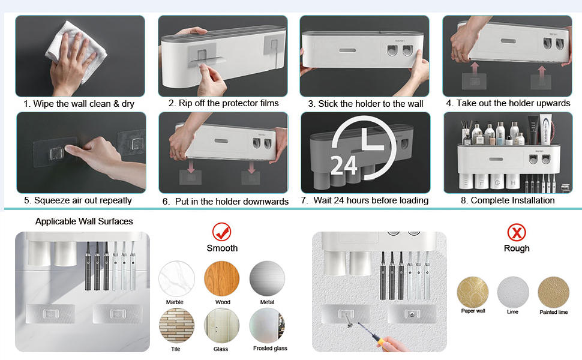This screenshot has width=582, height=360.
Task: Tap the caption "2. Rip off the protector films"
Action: (x=223, y=103)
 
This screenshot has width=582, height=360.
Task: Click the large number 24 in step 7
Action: (x=344, y=165)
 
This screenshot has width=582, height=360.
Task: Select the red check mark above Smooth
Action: (x=222, y=232)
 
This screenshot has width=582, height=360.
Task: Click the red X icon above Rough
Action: (x=517, y=233)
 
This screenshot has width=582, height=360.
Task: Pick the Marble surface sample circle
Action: (x=176, y=279)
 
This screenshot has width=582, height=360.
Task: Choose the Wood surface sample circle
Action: (x=222, y=279)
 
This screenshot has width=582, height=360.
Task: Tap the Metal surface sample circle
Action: (x=267, y=279)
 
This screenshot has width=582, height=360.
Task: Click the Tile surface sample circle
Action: (x=176, y=326)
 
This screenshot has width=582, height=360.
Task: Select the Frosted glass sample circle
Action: (x=267, y=326)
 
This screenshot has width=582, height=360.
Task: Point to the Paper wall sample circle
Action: (x=473, y=292)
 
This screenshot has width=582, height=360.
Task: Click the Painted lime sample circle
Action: (x=553, y=292)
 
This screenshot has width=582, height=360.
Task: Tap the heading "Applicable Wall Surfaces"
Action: (x=84, y=221)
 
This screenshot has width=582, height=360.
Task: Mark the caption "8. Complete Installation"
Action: (x=508, y=200)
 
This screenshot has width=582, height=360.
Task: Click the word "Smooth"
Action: (x=222, y=248)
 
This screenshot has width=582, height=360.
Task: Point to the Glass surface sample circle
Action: (x=222, y=326)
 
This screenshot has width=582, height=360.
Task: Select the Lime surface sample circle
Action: (x=513, y=292)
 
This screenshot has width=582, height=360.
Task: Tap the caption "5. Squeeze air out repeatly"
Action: (x=78, y=201)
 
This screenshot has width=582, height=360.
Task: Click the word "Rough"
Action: (x=517, y=248)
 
